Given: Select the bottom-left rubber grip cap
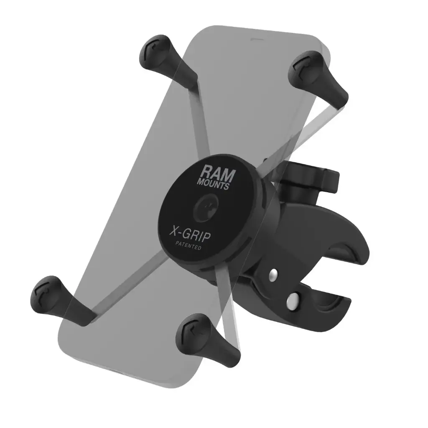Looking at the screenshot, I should [58, 297].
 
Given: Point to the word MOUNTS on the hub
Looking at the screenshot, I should [214, 183].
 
